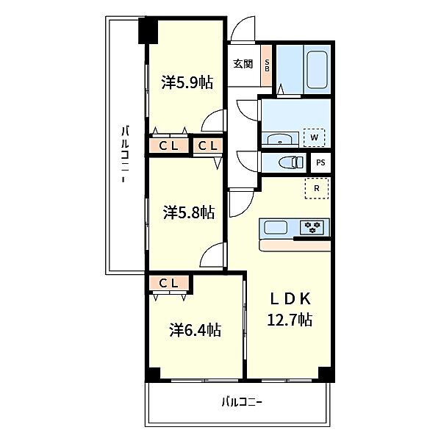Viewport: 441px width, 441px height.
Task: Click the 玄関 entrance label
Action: click(243, 64)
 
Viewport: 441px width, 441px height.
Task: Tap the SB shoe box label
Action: click(267, 65)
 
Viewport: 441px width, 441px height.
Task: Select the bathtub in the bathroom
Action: click(317, 70)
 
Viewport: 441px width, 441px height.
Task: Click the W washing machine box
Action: click(314, 137)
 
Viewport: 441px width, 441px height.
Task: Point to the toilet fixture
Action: click(291, 162)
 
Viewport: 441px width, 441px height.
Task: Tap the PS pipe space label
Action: click(320, 162)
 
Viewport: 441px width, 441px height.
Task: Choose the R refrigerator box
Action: click(317, 188)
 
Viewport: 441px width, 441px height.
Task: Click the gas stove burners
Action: click(312, 227)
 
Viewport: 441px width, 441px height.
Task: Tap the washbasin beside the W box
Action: click(279, 140)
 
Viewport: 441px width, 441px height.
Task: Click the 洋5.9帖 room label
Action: click(187, 82)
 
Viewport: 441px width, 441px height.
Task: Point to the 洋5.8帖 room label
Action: click(189, 212)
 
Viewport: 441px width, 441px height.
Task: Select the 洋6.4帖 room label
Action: click(196, 330)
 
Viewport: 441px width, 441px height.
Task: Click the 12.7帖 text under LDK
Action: click(290, 320)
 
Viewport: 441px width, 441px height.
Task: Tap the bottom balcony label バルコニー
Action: click(242, 403)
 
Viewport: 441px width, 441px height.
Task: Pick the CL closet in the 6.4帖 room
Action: click(169, 283)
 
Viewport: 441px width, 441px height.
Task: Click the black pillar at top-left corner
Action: click(148, 31)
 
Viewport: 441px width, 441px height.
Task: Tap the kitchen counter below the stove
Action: click(295, 245)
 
